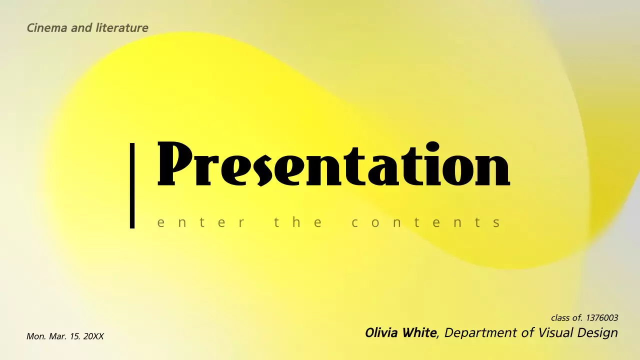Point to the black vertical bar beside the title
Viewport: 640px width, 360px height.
click(x=132, y=185)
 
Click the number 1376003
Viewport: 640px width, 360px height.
click(x=602, y=318)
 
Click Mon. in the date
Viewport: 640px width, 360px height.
click(x=36, y=336)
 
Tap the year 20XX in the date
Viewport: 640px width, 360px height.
click(x=93, y=336)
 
